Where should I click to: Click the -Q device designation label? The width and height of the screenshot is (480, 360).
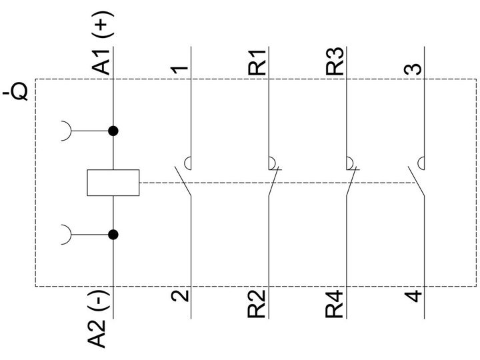pos(15,91)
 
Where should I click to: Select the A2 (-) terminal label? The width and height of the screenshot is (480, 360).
pos(98,319)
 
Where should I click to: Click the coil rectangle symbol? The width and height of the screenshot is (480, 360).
pos(113,183)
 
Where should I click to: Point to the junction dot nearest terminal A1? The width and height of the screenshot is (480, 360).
pos(113,131)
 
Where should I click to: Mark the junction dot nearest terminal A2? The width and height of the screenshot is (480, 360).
pos(113,235)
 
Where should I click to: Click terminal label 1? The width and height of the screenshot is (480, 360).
pos(180,70)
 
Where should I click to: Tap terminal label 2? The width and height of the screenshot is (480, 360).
pos(180,296)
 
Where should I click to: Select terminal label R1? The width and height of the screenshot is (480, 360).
pos(257,63)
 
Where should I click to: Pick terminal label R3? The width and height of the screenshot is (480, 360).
pos(335,61)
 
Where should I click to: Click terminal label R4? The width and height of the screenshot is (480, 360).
pos(334,304)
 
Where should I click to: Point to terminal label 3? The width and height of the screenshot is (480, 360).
pos(413,69)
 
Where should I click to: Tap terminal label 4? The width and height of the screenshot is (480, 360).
pos(413,296)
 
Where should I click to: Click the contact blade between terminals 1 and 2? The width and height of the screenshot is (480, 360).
pos(183,181)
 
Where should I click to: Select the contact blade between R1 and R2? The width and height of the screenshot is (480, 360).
pos(273,181)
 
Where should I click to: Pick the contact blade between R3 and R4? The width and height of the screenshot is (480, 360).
pos(351,181)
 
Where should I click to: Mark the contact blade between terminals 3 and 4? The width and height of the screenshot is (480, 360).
pos(416,181)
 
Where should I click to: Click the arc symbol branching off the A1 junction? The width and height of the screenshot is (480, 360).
pos(71,131)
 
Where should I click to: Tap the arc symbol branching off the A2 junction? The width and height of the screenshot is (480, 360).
pos(71,235)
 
